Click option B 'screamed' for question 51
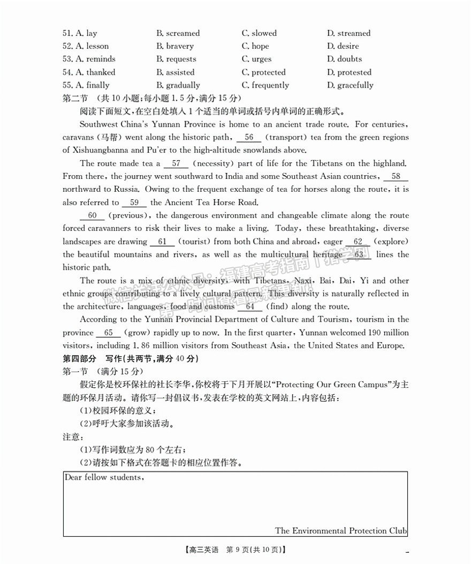(x=178, y=33)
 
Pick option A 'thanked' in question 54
(x=89, y=72)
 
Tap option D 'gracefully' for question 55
(x=350, y=85)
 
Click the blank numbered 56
(x=249, y=137)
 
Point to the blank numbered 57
(x=176, y=163)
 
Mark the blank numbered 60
(x=92, y=215)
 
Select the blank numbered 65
(x=108, y=333)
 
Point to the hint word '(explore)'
(x=391, y=242)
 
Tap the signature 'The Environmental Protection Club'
(x=341, y=531)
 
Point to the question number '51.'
(x=67, y=33)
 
